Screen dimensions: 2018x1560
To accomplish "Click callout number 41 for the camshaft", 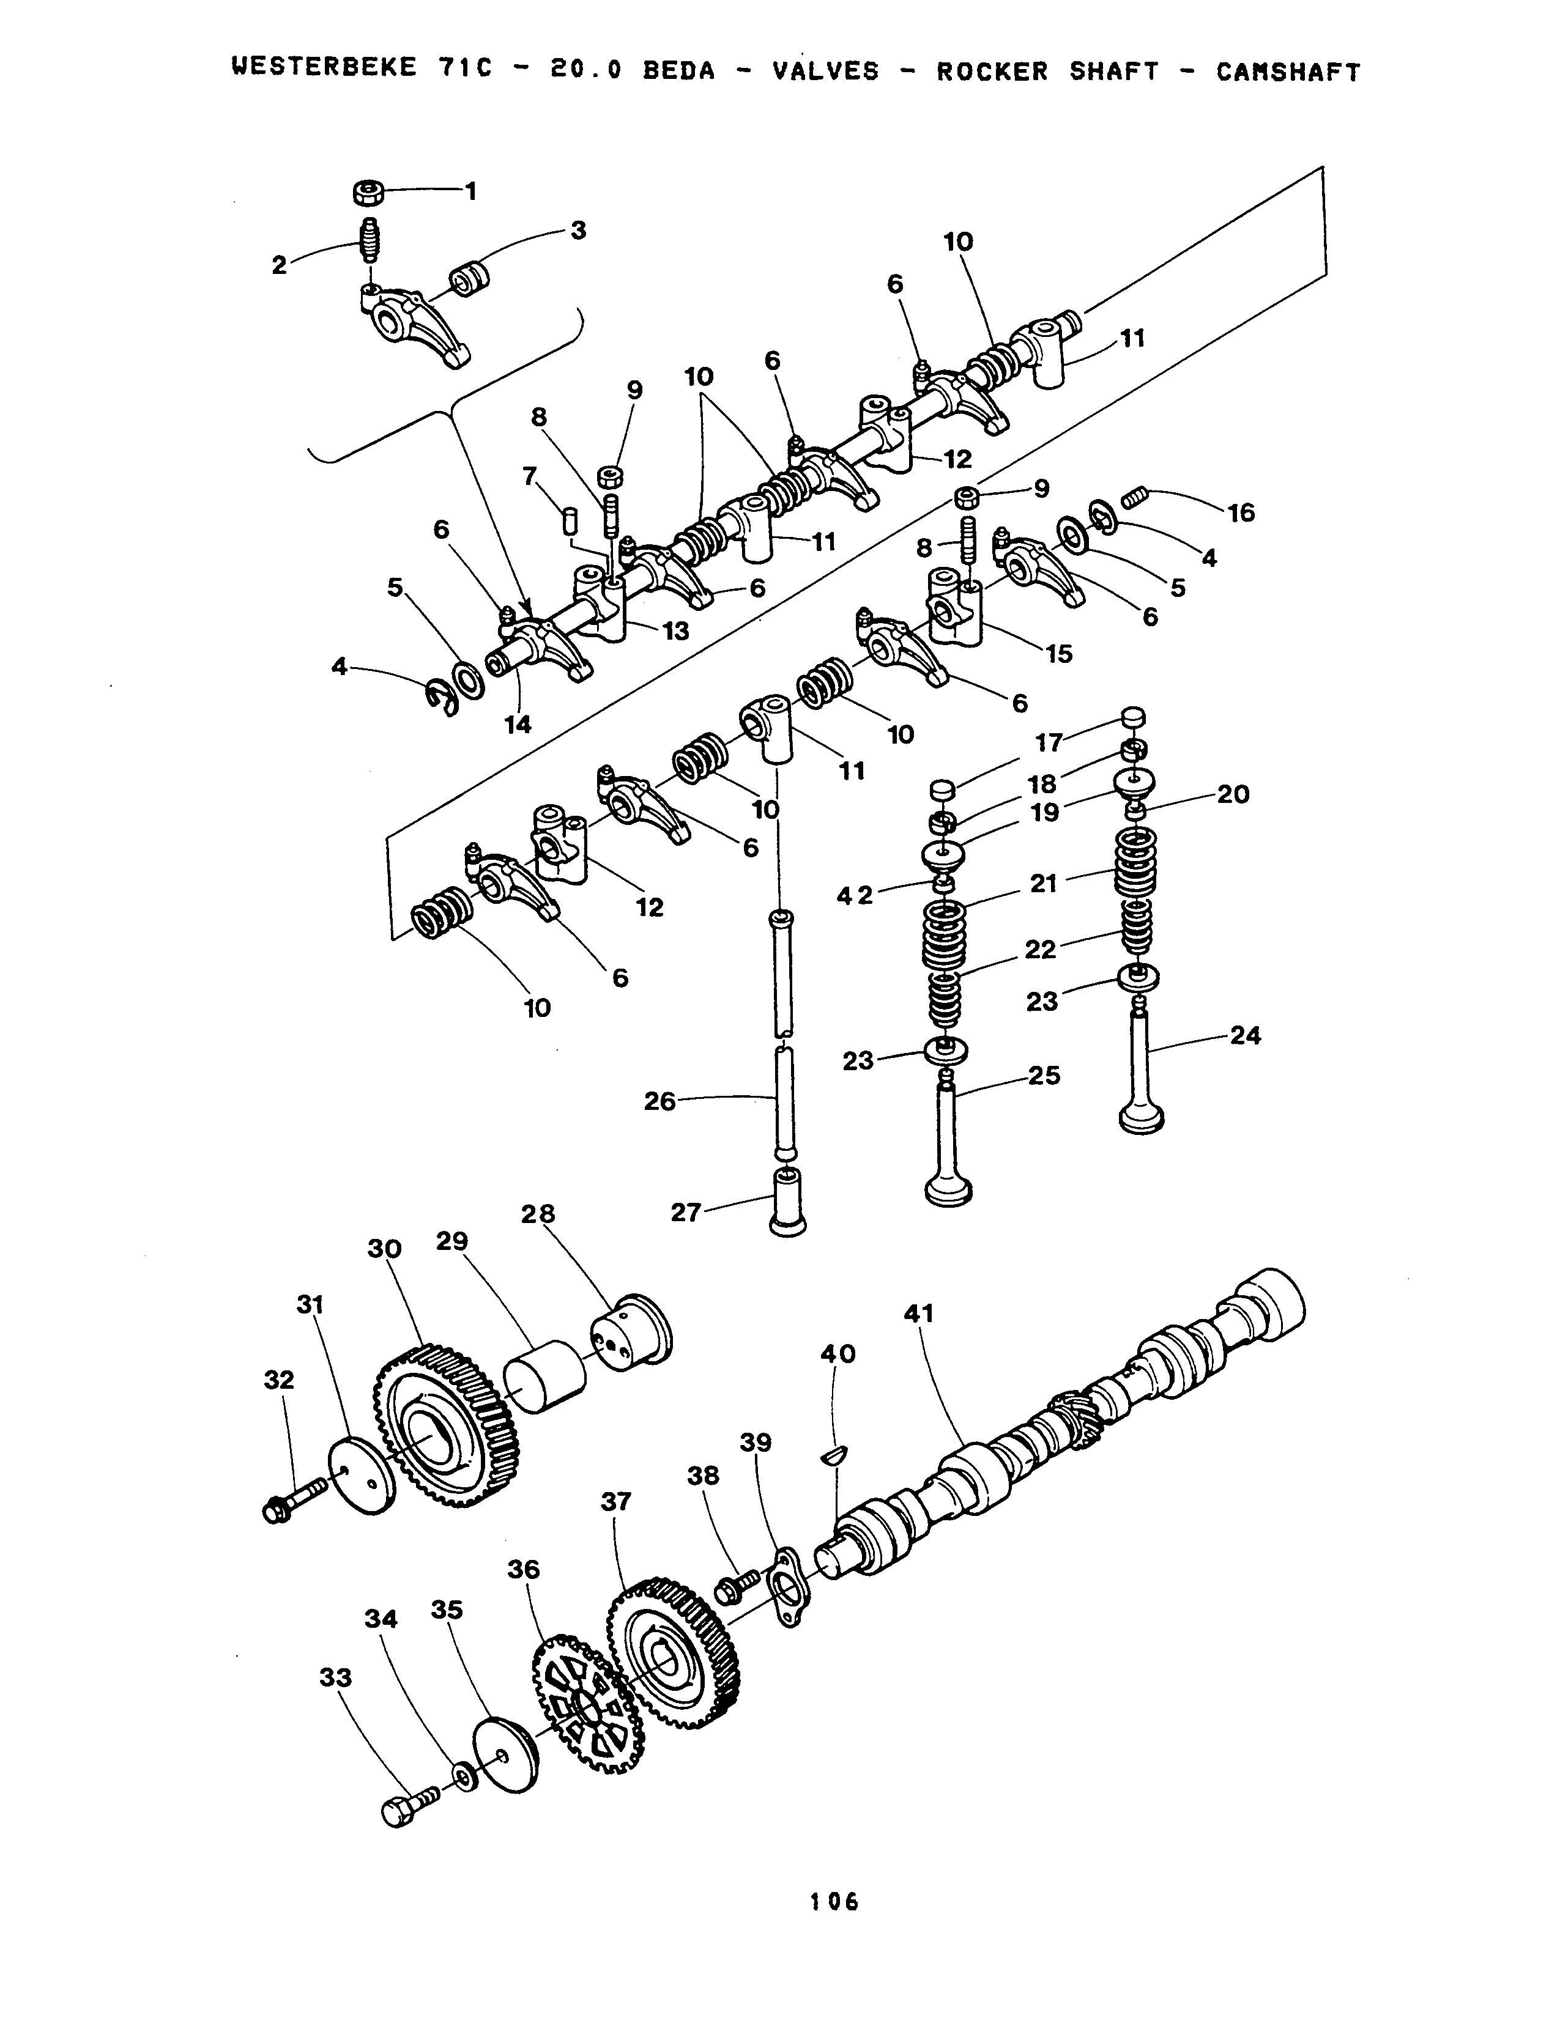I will coord(919,1313).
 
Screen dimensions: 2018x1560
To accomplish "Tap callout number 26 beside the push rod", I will coord(660,1101).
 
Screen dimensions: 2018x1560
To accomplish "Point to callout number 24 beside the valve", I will coord(1245,1036).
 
